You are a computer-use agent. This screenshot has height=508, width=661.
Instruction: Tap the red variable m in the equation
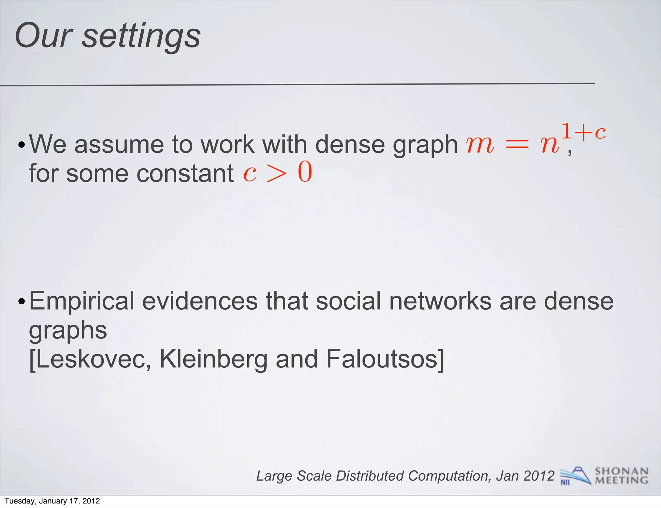tap(480, 144)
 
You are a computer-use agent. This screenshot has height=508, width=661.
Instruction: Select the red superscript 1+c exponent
tap(584, 132)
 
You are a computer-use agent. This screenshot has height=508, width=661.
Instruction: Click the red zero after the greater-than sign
tap(305, 172)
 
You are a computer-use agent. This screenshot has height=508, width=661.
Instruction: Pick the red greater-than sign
tap(277, 174)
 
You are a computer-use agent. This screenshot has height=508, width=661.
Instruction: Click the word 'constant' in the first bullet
tap(185, 173)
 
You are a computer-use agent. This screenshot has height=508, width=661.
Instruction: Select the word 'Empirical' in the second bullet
tap(82, 301)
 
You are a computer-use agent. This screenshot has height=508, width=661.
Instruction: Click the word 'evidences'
tap(200, 301)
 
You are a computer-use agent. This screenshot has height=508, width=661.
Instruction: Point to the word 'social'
tap(348, 301)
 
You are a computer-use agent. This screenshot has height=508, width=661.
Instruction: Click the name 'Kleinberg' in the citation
tap(213, 359)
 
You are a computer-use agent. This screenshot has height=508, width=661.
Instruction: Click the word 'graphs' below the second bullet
tap(68, 331)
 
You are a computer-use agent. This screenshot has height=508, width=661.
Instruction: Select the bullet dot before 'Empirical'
tap(22, 302)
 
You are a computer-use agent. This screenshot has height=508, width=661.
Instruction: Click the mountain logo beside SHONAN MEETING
tap(575, 475)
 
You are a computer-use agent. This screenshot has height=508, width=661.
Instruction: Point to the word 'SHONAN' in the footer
tap(621, 471)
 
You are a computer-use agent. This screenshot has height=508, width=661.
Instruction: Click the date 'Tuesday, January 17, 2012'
tap(52, 501)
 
